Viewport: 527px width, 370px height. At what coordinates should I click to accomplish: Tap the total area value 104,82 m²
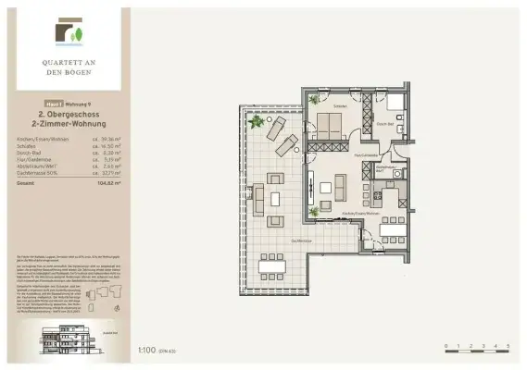pyautogui.click(x=110, y=183)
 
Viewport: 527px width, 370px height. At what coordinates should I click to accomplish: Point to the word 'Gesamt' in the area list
pyautogui.click(x=26, y=183)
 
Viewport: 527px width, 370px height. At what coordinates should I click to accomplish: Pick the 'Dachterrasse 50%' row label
pyautogui.click(x=33, y=171)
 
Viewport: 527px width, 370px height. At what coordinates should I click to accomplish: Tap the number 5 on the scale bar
pyautogui.click(x=508, y=345)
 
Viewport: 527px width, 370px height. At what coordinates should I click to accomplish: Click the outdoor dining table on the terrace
pyautogui.click(x=273, y=269)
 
